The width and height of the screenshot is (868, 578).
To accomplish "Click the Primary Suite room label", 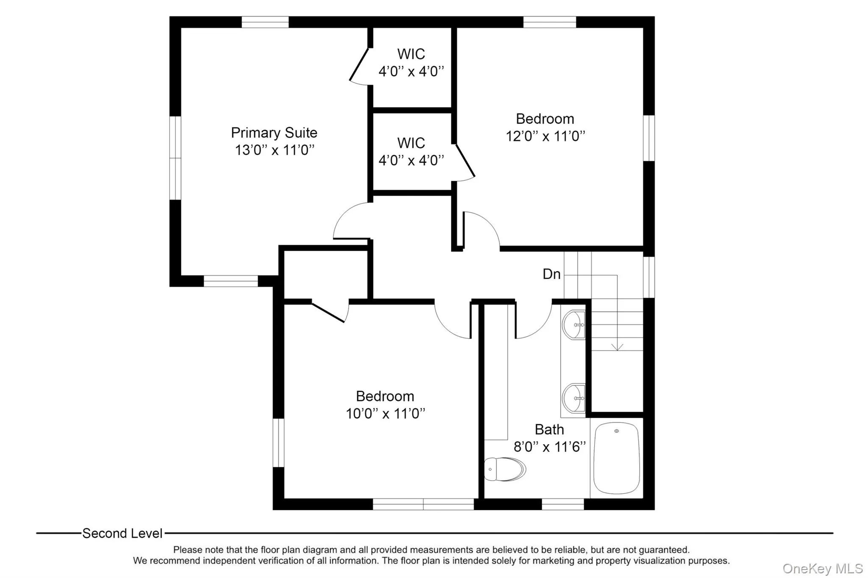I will click(274, 133).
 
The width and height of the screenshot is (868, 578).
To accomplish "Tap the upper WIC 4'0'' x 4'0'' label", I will click(411, 63).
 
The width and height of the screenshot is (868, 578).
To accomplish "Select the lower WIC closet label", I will click(411, 152).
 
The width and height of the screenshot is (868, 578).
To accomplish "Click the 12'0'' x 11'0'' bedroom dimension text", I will click(545, 136).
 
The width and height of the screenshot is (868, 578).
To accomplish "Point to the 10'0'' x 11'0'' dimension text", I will click(385, 414).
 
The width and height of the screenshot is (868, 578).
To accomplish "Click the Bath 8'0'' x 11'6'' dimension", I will click(549, 447).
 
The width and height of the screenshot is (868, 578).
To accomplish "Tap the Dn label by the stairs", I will click(551, 274).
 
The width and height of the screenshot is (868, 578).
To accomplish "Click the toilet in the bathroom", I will click(505, 469).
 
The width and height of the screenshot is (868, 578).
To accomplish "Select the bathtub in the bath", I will click(616, 458).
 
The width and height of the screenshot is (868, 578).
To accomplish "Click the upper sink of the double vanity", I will click(573, 325).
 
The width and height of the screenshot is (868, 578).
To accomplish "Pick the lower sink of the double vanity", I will click(573, 398).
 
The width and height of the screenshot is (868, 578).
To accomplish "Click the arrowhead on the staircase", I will click(617, 347).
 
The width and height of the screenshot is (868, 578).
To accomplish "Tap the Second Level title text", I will click(122, 534).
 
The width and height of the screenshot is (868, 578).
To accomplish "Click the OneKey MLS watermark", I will click(822, 568).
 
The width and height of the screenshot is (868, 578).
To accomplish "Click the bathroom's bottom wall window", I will click(563, 504).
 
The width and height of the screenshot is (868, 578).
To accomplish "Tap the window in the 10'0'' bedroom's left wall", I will click(278, 442).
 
